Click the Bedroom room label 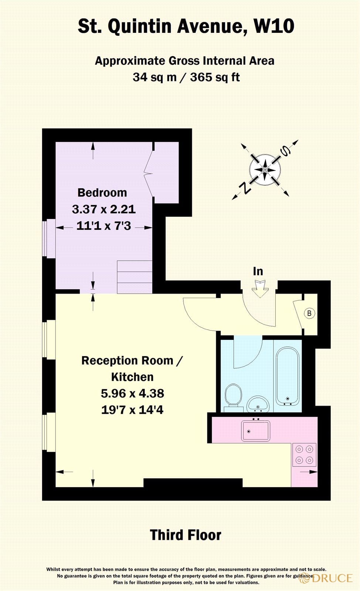(102, 192)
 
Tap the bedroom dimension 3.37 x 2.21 (103, 209)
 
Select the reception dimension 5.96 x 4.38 (132, 393)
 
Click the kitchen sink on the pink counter (255, 431)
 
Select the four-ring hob (304, 455)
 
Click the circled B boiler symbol (309, 313)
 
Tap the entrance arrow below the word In (260, 288)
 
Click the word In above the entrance (258, 271)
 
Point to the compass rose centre (265, 170)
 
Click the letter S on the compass (285, 150)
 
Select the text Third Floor (186, 535)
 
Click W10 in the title (274, 27)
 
